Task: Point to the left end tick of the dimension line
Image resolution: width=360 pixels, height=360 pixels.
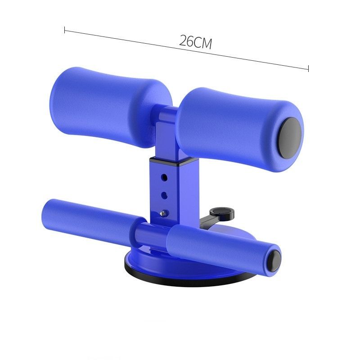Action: click(65, 31)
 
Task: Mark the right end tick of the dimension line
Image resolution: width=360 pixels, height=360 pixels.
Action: click(308, 69)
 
